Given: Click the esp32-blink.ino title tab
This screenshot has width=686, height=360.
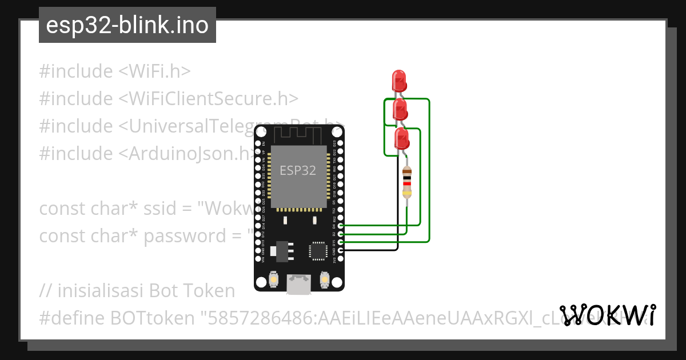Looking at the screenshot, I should (127, 25).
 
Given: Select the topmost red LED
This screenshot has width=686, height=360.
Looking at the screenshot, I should (399, 80).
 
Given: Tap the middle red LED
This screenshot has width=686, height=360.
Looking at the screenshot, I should (400, 109).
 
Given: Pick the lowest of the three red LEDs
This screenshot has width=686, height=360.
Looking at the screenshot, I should (402, 139).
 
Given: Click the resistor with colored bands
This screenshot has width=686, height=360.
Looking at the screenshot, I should (406, 182).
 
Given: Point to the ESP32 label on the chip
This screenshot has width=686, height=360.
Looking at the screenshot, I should (297, 170).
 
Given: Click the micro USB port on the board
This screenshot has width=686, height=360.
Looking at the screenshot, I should (299, 284).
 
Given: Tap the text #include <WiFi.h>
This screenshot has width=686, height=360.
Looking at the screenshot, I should (114, 71).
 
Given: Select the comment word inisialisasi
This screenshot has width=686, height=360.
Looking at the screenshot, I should (101, 291).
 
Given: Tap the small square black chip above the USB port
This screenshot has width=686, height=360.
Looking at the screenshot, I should (318, 250).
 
